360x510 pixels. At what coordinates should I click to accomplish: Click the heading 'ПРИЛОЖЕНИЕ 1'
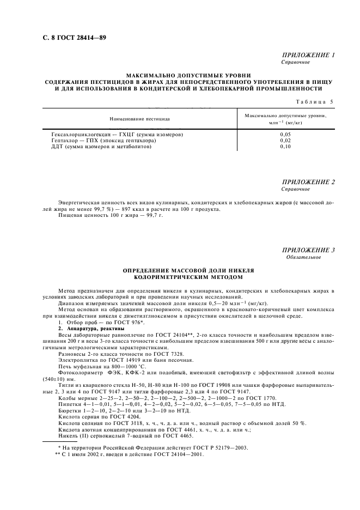click(308, 56)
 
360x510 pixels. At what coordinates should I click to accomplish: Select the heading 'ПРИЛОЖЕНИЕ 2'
click(308, 182)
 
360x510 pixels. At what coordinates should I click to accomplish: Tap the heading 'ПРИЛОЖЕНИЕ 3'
click(308, 250)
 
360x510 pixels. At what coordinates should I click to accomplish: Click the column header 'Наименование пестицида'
click(139, 118)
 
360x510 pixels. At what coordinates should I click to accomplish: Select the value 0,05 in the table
click(285, 133)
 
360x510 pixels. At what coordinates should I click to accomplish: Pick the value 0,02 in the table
click(285, 140)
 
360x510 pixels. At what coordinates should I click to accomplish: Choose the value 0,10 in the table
click(285, 146)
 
